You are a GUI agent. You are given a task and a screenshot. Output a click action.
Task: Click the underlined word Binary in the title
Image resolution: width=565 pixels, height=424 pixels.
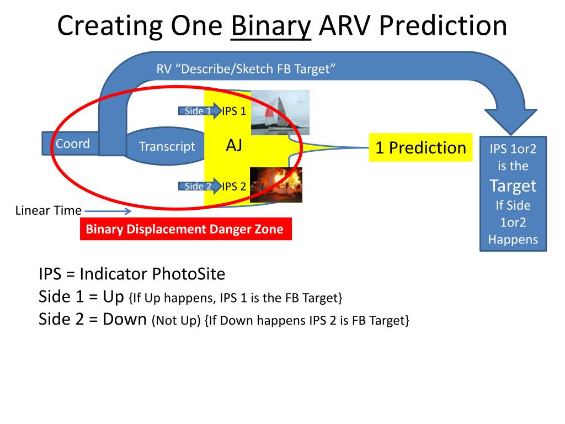pos(271,26)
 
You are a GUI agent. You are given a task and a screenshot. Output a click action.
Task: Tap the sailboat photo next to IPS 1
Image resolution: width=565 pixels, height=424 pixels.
pos(280,113)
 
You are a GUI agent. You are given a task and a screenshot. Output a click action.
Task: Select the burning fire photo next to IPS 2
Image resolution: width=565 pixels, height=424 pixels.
pos(276,184)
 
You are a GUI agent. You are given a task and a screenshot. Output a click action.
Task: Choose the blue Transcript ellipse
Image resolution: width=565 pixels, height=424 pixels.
pos(167,146)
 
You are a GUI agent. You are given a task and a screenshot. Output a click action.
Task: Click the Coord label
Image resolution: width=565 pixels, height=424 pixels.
pos(73,144)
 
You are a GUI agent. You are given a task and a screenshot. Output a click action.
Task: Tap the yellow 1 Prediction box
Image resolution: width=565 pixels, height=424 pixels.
pos(420,147)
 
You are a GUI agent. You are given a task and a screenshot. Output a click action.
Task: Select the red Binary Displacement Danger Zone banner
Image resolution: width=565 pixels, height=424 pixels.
pos(185,229)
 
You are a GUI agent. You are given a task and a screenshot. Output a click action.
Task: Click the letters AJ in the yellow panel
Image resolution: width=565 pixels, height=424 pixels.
pos(234,146)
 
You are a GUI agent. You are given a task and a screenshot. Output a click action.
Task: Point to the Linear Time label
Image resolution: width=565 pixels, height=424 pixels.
pos(49,210)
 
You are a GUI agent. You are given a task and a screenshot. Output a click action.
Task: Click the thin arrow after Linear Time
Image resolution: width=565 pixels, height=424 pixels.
pos(108,210)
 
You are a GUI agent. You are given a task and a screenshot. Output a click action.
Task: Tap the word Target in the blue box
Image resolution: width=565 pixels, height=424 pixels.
pos(513,185)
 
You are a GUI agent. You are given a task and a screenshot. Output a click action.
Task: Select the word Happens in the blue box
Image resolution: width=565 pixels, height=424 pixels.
pos(513,240)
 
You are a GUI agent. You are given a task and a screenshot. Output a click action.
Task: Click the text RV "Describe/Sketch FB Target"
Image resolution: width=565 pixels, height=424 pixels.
pos(246,68)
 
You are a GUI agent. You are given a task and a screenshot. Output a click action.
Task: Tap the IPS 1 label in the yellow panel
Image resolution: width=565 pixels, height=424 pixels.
pos(234,111)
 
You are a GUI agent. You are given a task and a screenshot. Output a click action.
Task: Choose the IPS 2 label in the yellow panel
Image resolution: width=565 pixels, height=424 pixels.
pos(234,186)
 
